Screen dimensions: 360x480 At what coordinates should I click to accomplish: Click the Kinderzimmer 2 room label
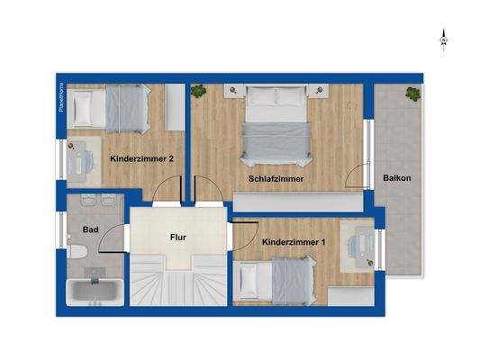click(x=141, y=159)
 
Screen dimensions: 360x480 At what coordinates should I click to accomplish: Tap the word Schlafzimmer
click(x=276, y=179)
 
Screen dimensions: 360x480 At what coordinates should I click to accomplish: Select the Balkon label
click(x=396, y=178)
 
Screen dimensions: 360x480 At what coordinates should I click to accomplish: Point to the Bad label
click(x=90, y=229)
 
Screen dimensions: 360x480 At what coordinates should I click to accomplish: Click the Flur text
click(x=178, y=238)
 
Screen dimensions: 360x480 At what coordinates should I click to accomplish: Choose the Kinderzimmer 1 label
click(x=293, y=243)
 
